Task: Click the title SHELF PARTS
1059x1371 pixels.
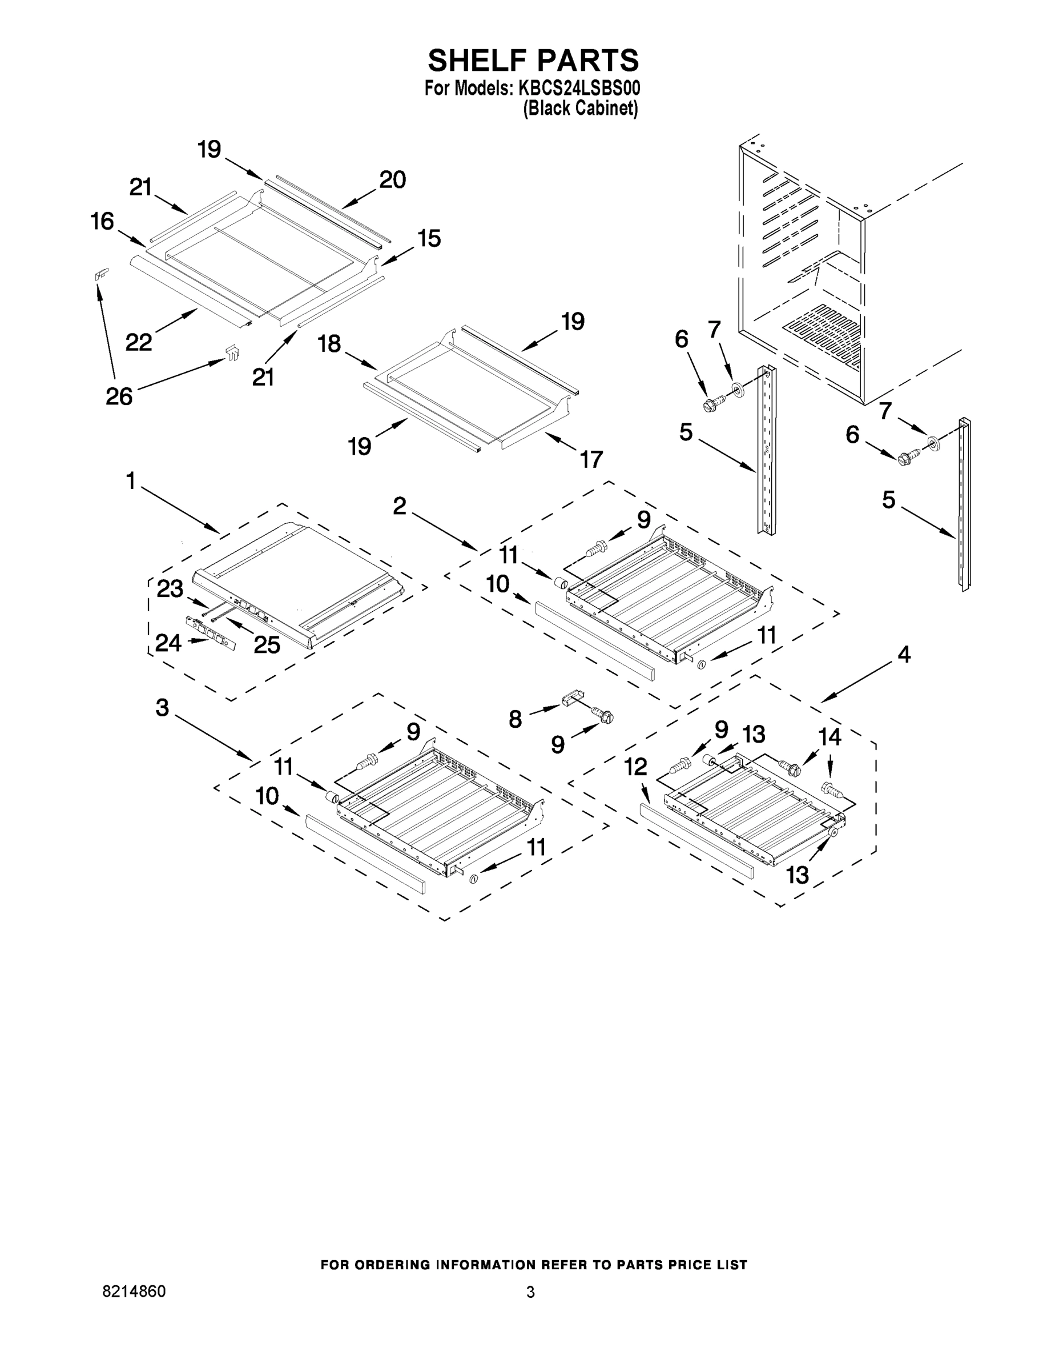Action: (533, 61)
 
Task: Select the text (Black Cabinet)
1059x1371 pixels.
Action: (581, 108)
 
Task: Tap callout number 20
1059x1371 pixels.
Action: (392, 180)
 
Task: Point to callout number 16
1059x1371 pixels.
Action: (102, 222)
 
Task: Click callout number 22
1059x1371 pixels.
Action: (139, 342)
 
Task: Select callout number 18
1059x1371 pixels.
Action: (329, 343)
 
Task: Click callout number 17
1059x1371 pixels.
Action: (591, 459)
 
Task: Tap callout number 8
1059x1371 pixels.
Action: (515, 719)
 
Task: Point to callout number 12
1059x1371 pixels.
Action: (635, 767)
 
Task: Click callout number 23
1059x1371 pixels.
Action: (170, 589)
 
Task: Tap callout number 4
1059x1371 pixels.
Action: (903, 655)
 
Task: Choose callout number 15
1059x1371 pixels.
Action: (429, 239)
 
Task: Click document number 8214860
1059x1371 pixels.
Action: (134, 1291)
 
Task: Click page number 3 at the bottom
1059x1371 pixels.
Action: (530, 1292)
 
